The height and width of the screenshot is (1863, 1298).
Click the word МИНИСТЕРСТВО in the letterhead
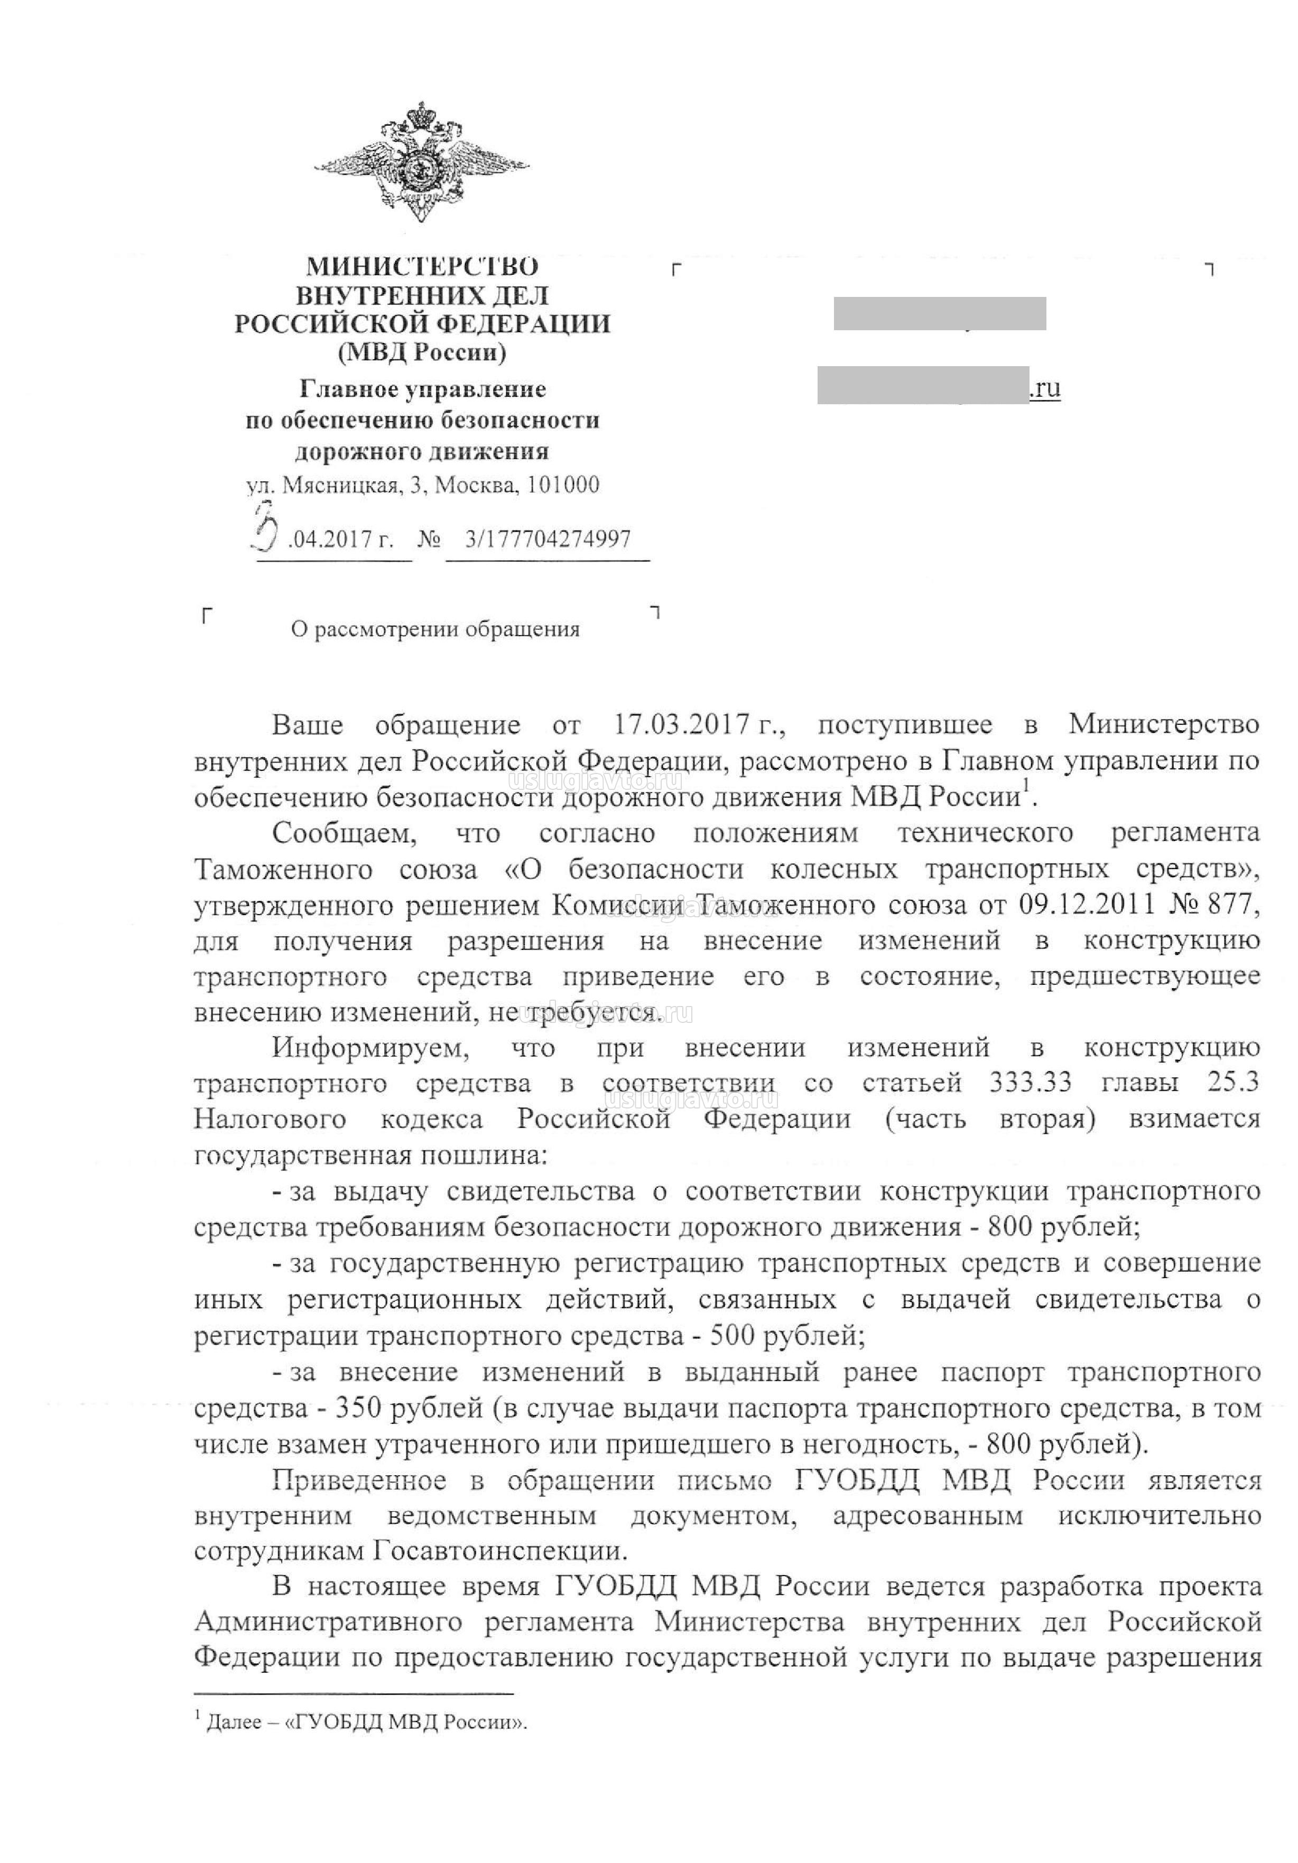(x=421, y=266)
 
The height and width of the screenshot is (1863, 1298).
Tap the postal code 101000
(x=563, y=485)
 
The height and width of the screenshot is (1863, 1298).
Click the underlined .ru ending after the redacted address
(x=1045, y=389)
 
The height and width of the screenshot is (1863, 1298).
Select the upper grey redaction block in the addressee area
(x=939, y=314)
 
